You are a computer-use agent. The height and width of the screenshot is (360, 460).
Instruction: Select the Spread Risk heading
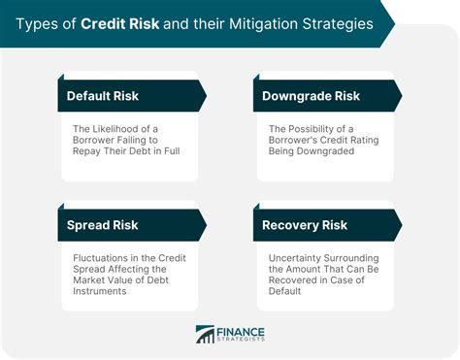pyautogui.click(x=103, y=225)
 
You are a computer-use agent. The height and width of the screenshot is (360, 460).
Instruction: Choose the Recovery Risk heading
pyautogui.click(x=305, y=225)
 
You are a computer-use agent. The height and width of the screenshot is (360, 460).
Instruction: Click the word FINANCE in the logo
pyautogui.click(x=241, y=330)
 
